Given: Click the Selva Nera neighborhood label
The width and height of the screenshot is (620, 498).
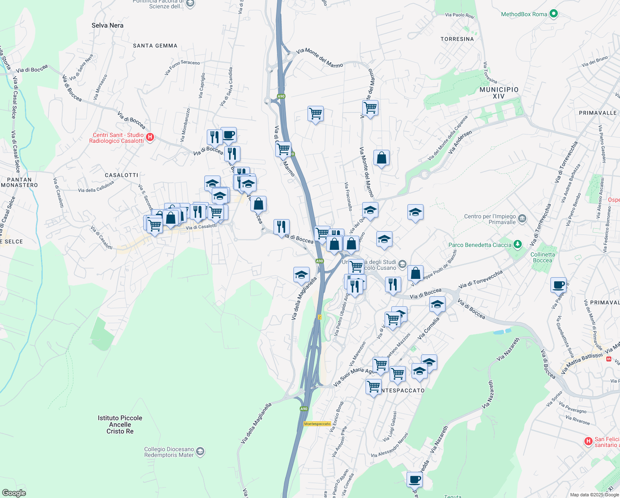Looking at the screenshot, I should pyautogui.click(x=107, y=25).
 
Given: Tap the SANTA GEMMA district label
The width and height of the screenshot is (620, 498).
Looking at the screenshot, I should pyautogui.click(x=155, y=46).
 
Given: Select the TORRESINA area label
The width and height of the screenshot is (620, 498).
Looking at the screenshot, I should pyautogui.click(x=457, y=39).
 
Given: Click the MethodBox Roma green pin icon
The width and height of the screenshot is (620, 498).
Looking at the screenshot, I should pyautogui.click(x=553, y=14).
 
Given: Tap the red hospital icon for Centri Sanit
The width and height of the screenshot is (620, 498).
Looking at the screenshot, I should pyautogui.click(x=150, y=137).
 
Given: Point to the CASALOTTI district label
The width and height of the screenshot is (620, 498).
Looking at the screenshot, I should pyautogui.click(x=121, y=175).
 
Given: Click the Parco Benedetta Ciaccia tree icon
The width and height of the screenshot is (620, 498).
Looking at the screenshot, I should pyautogui.click(x=517, y=244).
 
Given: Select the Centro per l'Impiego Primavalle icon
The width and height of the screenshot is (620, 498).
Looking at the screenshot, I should pyautogui.click(x=522, y=218).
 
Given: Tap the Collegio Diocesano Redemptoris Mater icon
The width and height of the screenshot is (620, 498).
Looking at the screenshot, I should pyautogui.click(x=200, y=452).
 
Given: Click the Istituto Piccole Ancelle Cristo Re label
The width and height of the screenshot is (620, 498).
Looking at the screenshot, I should pyautogui.click(x=120, y=425).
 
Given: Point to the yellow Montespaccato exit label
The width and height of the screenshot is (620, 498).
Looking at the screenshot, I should pyautogui.click(x=317, y=424).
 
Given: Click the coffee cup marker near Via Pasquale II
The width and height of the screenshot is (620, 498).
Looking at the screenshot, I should pyautogui.click(x=558, y=285).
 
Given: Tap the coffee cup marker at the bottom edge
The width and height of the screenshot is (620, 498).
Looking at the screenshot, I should pyautogui.click(x=414, y=480).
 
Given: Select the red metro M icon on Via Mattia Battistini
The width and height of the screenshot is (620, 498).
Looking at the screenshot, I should pyautogui.click(x=609, y=359).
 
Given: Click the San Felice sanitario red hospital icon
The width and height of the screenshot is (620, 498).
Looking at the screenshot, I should pyautogui.click(x=588, y=442).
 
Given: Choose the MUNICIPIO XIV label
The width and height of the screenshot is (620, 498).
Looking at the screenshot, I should pyautogui.click(x=499, y=93).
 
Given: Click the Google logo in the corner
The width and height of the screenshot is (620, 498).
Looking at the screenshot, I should pyautogui.click(x=14, y=493).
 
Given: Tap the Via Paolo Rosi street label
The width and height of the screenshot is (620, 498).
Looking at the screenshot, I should pyautogui.click(x=460, y=15).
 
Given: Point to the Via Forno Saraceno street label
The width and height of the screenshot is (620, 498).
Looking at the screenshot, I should pyautogui.click(x=182, y=68).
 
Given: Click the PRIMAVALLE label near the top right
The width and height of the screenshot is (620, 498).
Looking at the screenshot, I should pyautogui.click(x=598, y=113).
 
